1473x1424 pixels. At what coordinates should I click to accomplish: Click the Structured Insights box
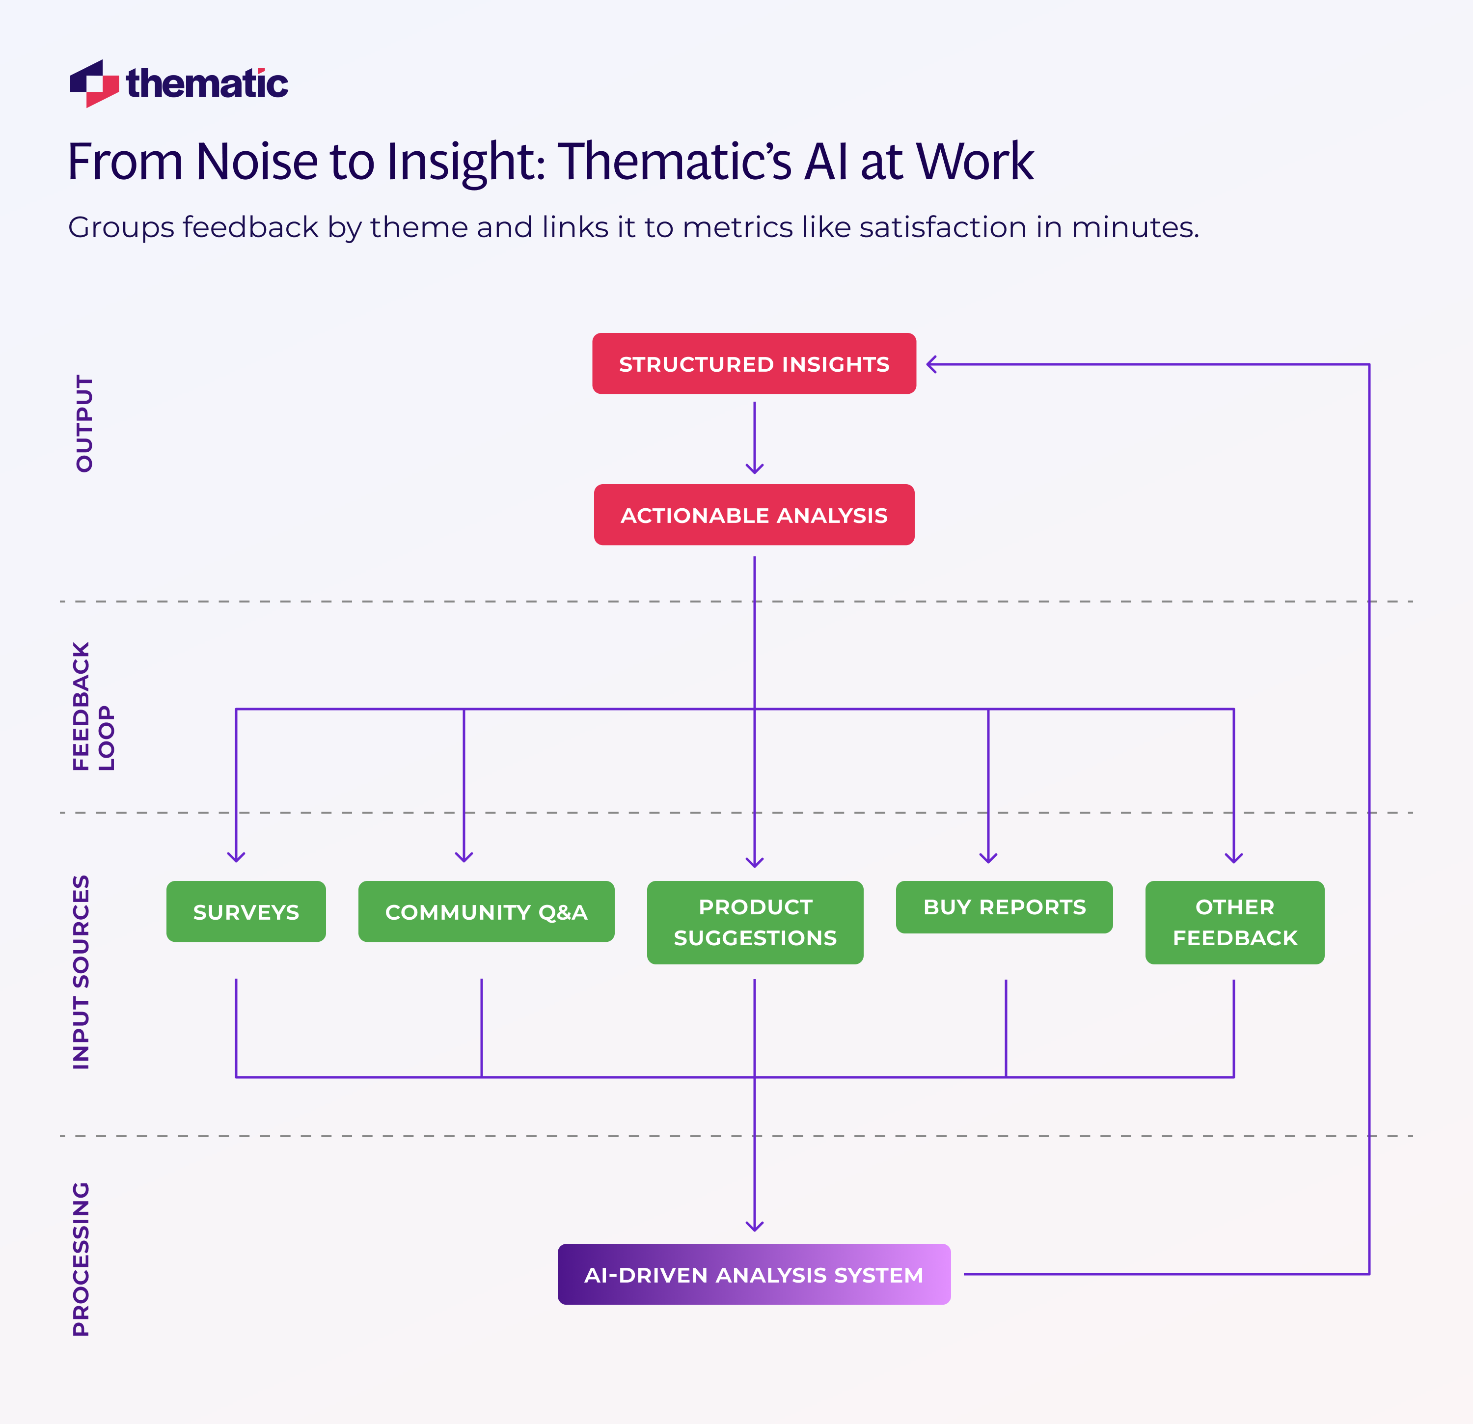coord(754,364)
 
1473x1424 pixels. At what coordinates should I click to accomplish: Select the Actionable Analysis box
coord(754,515)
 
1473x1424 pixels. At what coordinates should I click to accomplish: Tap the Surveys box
coord(246,911)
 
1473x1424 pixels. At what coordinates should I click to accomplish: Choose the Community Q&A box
coord(486,911)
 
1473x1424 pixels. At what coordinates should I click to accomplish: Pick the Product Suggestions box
coord(755,922)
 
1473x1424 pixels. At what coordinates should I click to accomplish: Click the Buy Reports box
coord(1004,907)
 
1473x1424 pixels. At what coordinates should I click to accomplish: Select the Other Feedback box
coord(1234,922)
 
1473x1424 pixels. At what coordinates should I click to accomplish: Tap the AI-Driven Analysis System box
coord(754,1274)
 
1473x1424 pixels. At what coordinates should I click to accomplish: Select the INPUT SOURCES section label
coord(81,972)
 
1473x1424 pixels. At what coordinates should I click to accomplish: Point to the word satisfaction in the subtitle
coord(942,227)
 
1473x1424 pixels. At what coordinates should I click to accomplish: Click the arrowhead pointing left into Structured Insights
coord(932,364)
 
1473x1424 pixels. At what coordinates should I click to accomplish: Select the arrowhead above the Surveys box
coord(236,857)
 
